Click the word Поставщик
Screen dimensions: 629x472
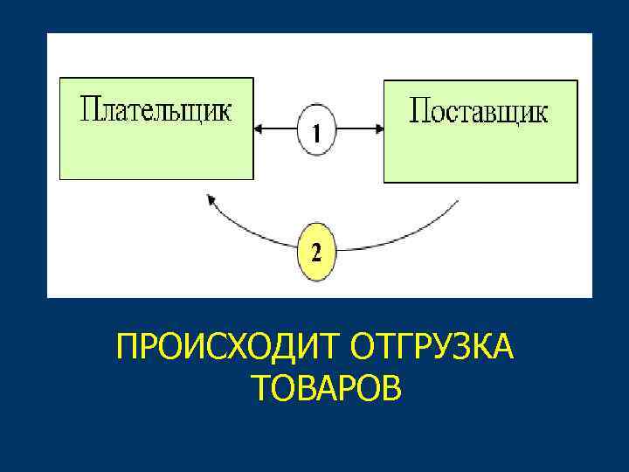[x=479, y=112]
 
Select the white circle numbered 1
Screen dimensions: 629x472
[x=317, y=131]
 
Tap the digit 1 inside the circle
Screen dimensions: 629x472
[x=317, y=132]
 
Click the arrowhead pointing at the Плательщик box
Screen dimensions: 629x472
[x=259, y=129]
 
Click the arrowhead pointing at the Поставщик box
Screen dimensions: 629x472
[x=378, y=129]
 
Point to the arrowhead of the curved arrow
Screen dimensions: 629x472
[x=211, y=200]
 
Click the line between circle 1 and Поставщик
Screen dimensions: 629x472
[x=358, y=129]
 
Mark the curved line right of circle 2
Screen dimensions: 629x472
[x=402, y=238]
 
